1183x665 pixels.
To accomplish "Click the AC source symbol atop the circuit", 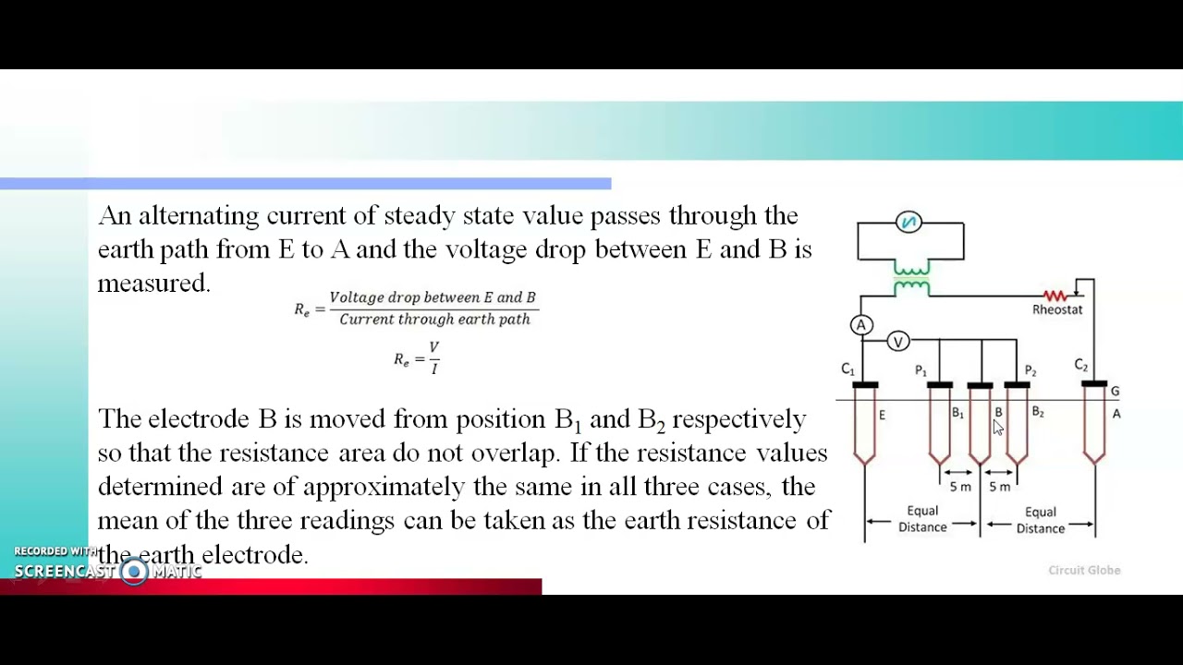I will point(909,222).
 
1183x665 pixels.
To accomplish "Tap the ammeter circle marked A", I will point(861,325).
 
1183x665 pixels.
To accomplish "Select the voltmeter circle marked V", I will point(897,342).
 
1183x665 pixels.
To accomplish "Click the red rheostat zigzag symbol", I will point(1055,296).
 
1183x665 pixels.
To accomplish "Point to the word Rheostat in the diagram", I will point(1056,309).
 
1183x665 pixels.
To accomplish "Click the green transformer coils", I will point(911,278).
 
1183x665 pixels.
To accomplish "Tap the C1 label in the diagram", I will point(848,369).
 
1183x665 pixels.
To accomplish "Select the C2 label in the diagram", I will point(1080,366).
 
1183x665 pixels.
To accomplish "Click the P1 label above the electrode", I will point(921,370).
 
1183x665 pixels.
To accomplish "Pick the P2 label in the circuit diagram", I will point(1030,370).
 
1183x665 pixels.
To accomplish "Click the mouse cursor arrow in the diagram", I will point(997,427).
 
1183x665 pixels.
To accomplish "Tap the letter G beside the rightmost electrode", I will point(1115,392).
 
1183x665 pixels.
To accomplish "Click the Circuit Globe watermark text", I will point(1084,570).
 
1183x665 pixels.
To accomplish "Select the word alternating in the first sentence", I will point(198,216).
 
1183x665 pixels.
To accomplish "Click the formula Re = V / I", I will point(417,357).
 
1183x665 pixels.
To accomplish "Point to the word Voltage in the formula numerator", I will point(356,297).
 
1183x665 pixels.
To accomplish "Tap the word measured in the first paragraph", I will point(152,284).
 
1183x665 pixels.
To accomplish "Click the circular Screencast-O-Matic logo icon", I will point(134,572).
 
